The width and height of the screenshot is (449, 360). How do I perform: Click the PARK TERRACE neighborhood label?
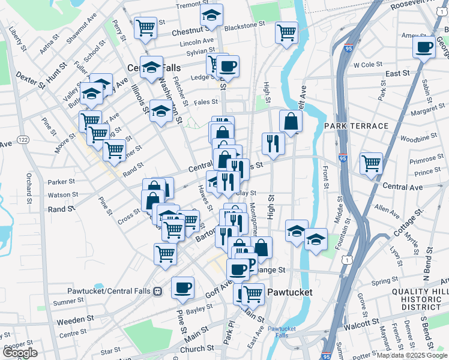(x=356, y=126)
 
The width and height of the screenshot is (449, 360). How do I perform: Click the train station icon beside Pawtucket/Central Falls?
(x=158, y=291)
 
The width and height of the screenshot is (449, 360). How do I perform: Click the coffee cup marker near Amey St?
(x=424, y=47)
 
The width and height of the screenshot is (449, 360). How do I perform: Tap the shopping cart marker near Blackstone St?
(x=287, y=32)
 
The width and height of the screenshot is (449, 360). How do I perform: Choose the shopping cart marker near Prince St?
(x=372, y=163)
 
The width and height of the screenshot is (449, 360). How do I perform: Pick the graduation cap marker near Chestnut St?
(x=211, y=16)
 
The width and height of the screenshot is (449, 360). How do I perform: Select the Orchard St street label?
(x=28, y=188)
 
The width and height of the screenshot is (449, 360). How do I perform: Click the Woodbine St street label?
(x=415, y=139)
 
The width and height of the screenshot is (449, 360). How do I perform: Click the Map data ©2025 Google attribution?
(x=411, y=355)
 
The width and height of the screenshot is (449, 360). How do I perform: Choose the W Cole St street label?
(x=368, y=64)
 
